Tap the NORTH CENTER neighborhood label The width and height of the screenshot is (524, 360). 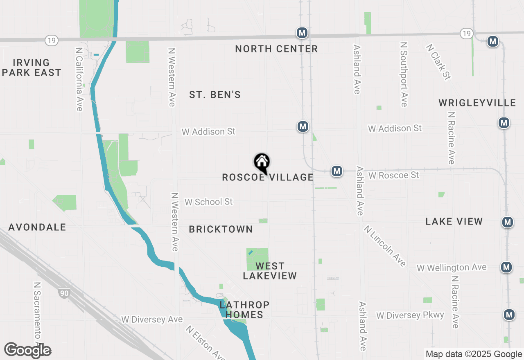(x=276, y=49)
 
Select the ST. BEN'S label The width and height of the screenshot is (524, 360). (x=215, y=95)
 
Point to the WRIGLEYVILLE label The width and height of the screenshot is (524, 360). (x=477, y=103)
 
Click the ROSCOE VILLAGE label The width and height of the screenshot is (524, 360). (x=268, y=177)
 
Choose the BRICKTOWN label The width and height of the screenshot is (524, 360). (x=221, y=229)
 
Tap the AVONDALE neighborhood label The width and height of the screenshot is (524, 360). (x=37, y=227)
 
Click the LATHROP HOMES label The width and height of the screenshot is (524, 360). (x=244, y=310)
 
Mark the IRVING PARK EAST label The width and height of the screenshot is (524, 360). (x=32, y=67)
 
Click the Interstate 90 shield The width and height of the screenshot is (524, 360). (x=63, y=293)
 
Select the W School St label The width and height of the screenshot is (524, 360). (x=208, y=202)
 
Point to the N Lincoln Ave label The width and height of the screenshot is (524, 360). (x=385, y=245)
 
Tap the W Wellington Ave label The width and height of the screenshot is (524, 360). (x=452, y=268)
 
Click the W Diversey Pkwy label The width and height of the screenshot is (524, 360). (x=410, y=315)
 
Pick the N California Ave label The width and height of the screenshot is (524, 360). (x=79, y=79)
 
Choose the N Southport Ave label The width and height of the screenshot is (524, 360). (x=404, y=74)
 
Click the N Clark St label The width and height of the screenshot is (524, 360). (x=438, y=62)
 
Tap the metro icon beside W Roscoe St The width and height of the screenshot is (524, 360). (x=337, y=171)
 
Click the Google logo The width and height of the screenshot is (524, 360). (x=28, y=351)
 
